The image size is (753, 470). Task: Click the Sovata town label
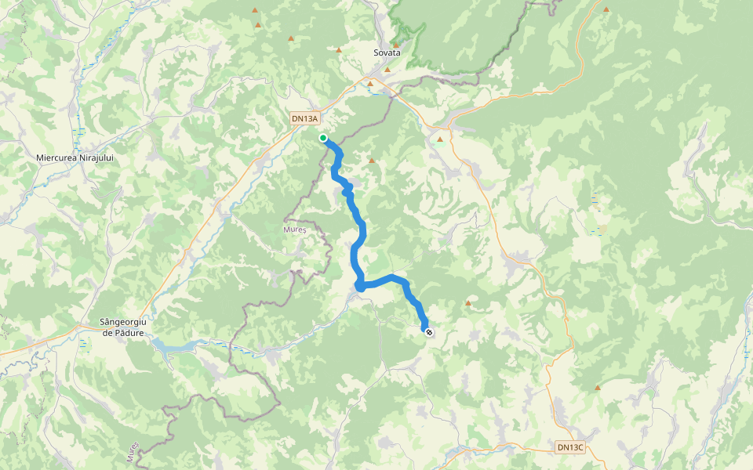(387, 52)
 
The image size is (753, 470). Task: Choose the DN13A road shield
(304, 119)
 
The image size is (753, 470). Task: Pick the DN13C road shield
(570, 447)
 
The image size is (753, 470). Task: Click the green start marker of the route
(322, 138)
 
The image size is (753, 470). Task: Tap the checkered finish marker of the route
(429, 332)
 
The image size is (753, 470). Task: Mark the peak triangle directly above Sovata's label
(396, 45)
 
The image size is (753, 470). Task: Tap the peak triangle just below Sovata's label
(387, 70)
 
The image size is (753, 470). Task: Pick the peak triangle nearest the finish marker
(468, 303)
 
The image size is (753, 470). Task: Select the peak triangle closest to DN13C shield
(598, 388)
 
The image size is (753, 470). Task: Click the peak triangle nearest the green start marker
(372, 161)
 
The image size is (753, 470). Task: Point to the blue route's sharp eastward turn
(360, 287)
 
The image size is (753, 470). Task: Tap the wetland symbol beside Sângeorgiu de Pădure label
(84, 344)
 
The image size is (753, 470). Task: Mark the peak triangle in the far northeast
(606, 9)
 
